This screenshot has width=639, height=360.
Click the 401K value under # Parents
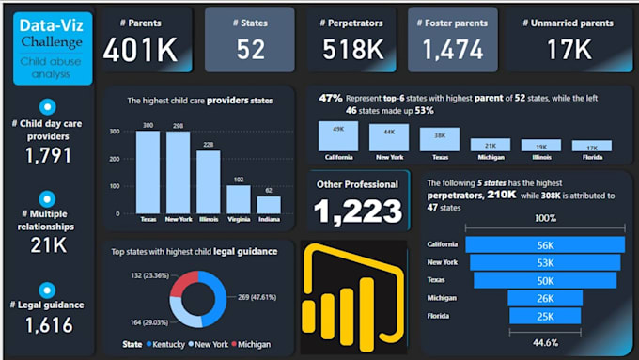[140, 50]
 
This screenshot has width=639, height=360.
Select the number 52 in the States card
[250, 50]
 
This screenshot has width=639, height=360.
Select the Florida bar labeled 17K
[593, 146]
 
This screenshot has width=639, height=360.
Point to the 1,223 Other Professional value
[358, 211]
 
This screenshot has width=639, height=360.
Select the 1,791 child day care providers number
[48, 155]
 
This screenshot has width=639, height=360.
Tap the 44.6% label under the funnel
[544, 342]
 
